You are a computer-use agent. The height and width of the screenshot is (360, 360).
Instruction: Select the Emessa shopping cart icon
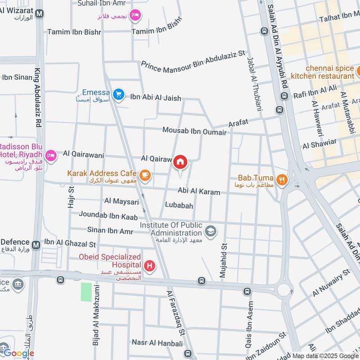click(x=118, y=94)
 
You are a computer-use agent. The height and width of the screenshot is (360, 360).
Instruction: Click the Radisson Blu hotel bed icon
click(x=51, y=155)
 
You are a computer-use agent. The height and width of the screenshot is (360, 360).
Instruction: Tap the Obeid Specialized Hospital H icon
click(x=149, y=266)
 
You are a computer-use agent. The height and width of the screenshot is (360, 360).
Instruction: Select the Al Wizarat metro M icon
click(x=40, y=13)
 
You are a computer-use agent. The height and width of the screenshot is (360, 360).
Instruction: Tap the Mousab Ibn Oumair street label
click(x=194, y=130)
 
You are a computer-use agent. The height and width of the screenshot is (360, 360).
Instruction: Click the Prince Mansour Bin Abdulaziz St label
click(x=193, y=59)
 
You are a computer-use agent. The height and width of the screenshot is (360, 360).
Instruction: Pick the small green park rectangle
click(x=86, y=292)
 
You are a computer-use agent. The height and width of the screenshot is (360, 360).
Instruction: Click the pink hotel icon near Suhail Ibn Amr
click(x=134, y=17)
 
